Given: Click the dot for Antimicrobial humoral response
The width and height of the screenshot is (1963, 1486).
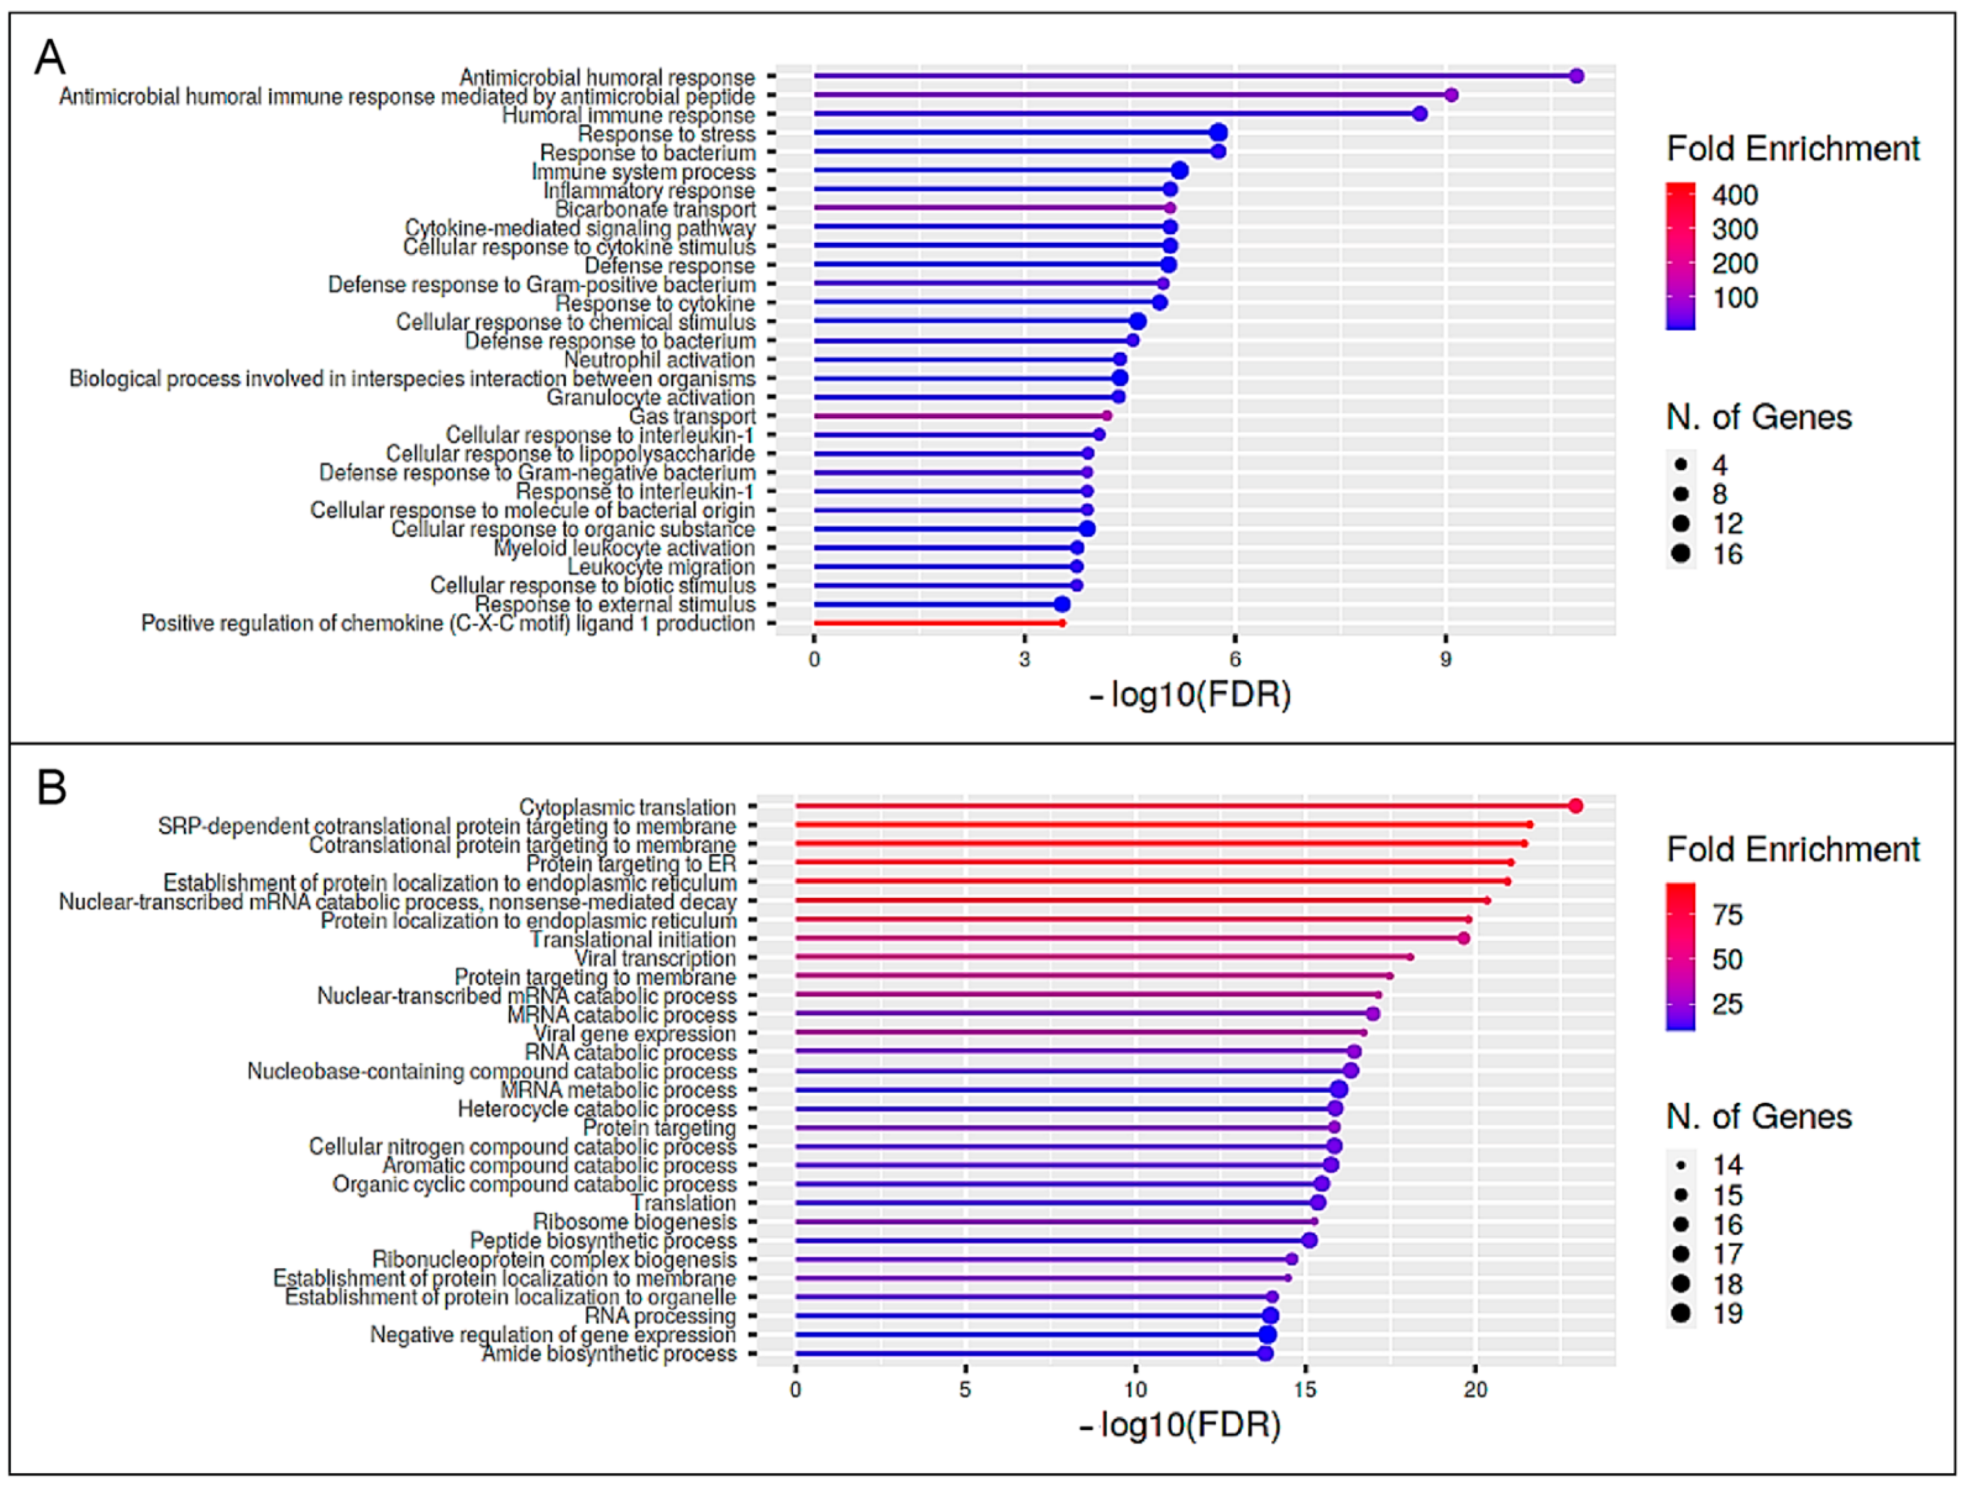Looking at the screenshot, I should [x=1576, y=76].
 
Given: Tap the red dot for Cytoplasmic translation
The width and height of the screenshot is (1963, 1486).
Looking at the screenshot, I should [x=1575, y=806].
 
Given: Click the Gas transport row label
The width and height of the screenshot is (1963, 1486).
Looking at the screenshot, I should [x=692, y=416].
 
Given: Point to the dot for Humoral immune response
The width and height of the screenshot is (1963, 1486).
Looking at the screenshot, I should [x=1420, y=114].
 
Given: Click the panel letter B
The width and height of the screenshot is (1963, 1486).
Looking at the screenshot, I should [x=51, y=787].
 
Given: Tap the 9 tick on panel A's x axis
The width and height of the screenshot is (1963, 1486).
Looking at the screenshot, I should [x=1445, y=659].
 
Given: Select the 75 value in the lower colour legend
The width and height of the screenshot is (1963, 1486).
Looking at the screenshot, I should [x=1727, y=915].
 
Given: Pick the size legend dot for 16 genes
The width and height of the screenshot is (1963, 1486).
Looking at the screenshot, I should [x=1680, y=554].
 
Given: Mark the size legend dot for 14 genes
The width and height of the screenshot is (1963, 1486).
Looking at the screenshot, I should [x=1680, y=1165].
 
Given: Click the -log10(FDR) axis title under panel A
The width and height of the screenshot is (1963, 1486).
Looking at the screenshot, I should [x=1190, y=695].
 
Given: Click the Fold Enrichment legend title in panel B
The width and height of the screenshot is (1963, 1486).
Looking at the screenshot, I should [x=1792, y=849].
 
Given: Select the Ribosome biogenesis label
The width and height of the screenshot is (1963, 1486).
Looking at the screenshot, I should [x=634, y=1221].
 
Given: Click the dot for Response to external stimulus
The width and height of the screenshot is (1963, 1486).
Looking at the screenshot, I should [x=1062, y=604].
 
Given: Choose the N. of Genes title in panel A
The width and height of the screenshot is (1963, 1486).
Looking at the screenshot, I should [x=1759, y=417].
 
